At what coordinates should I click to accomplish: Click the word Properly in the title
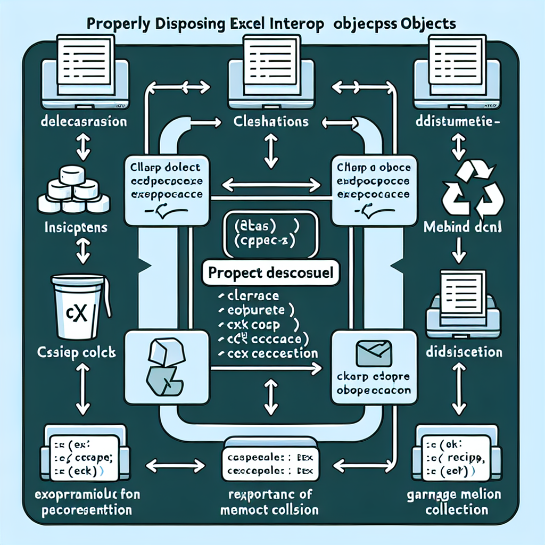(118, 24)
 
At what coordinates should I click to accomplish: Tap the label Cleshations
(271, 122)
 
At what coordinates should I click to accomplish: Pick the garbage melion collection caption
(456, 502)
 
